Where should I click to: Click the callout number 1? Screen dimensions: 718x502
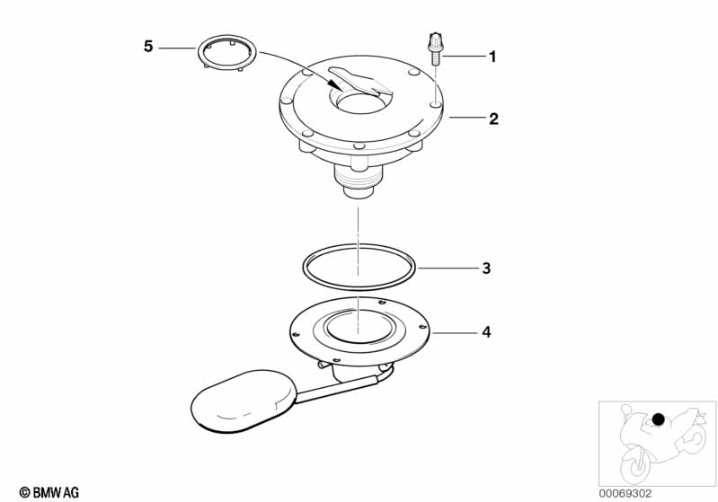coord(492,57)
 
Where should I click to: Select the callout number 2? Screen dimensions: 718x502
coord(493,119)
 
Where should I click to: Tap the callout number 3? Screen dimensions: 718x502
coord(486,269)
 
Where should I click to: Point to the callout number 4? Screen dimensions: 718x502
coord(486,332)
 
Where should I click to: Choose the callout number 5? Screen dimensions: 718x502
coord(148,46)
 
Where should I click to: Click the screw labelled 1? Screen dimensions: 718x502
coord(435,49)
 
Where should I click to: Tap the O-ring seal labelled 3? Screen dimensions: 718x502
coord(304,268)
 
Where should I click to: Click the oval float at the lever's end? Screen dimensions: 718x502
coord(244,401)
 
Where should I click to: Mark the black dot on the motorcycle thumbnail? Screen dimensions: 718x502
coord(658,419)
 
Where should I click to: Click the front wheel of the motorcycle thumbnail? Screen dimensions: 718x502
coord(635,464)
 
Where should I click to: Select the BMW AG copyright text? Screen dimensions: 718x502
coord(49,492)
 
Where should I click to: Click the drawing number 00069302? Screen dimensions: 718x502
coord(625,493)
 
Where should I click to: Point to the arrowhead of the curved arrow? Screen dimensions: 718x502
coord(336,85)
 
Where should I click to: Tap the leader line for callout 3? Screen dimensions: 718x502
coord(447,269)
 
